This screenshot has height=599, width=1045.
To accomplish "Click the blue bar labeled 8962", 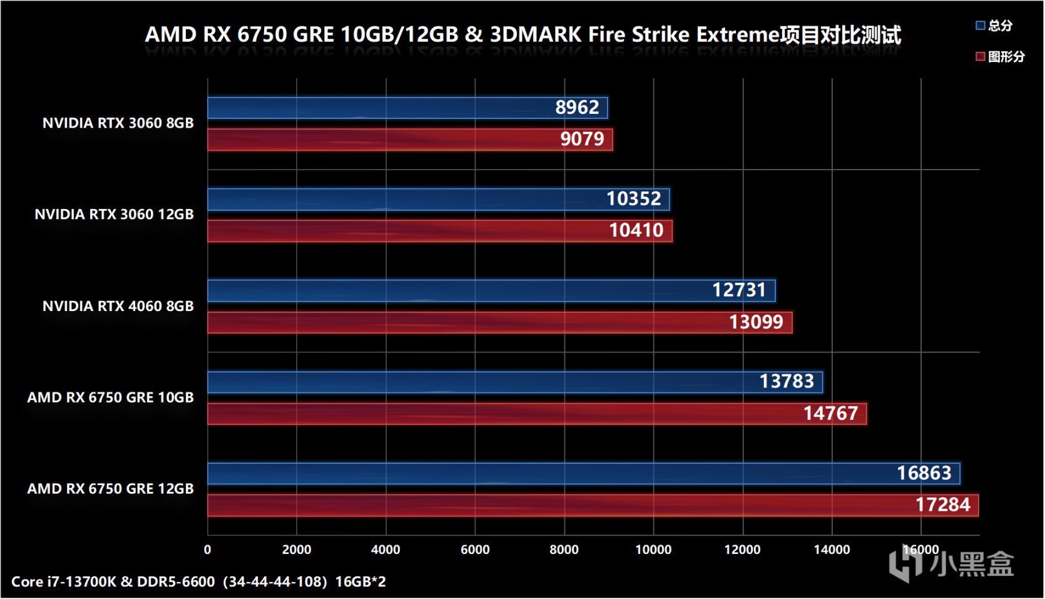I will coord(407,108).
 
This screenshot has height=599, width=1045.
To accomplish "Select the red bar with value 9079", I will coord(410,140).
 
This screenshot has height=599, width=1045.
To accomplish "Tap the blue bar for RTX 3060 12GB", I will coord(438,199).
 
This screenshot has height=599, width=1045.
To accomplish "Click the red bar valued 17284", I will coord(592,505).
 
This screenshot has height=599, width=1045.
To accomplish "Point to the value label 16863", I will coord(924,473).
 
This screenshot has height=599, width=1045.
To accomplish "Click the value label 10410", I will coord(636,230).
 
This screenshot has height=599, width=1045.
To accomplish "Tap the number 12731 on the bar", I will coord(738,290).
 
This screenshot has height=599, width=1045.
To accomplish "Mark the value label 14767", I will coord(830,414).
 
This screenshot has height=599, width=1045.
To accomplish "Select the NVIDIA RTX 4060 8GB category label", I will coord(118,306).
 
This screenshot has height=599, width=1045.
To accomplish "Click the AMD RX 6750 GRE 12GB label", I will coord(110,489).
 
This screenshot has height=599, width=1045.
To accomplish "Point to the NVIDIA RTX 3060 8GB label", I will coord(118,123).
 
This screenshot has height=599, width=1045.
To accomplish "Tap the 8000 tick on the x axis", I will coord(564,550).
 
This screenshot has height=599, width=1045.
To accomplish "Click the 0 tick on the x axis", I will coord(208,550).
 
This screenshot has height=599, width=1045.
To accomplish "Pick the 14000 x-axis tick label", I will coord(832,550).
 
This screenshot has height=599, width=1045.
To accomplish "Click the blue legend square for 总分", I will coord(980,26).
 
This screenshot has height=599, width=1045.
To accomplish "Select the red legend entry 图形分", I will coord(1000,57).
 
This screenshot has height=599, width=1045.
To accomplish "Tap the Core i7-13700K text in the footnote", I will coord(63,581).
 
